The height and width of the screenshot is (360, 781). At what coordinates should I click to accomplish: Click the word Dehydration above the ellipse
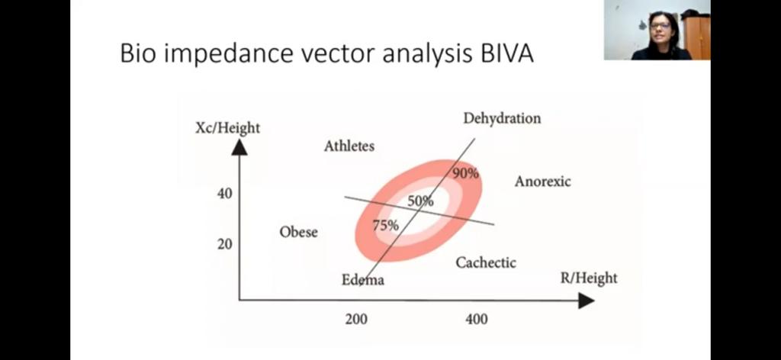(502, 118)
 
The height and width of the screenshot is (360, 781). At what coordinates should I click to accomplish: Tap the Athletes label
(349, 146)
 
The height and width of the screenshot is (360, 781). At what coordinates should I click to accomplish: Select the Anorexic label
(542, 182)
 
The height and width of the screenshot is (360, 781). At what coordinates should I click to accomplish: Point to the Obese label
(298, 232)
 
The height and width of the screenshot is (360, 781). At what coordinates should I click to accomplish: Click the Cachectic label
(486, 262)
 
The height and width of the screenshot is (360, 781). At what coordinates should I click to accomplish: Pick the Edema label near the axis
(363, 280)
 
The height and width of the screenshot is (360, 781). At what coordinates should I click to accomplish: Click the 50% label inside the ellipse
(420, 201)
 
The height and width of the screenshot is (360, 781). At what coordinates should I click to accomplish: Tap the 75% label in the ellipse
(385, 225)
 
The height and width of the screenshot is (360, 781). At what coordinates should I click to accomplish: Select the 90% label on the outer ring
(465, 173)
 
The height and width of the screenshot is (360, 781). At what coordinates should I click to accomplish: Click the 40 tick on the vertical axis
(224, 194)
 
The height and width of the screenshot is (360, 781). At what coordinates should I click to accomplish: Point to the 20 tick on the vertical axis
(224, 245)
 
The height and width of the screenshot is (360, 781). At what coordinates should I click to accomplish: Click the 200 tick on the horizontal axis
(355, 319)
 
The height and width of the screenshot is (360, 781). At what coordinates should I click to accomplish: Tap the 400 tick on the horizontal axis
(477, 319)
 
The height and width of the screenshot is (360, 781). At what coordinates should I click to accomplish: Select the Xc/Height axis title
(227, 127)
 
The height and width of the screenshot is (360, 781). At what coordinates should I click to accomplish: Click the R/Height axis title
(589, 278)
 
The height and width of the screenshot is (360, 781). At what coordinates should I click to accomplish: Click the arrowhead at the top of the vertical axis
(239, 146)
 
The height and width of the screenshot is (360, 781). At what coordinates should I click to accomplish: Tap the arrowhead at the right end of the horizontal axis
(586, 301)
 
